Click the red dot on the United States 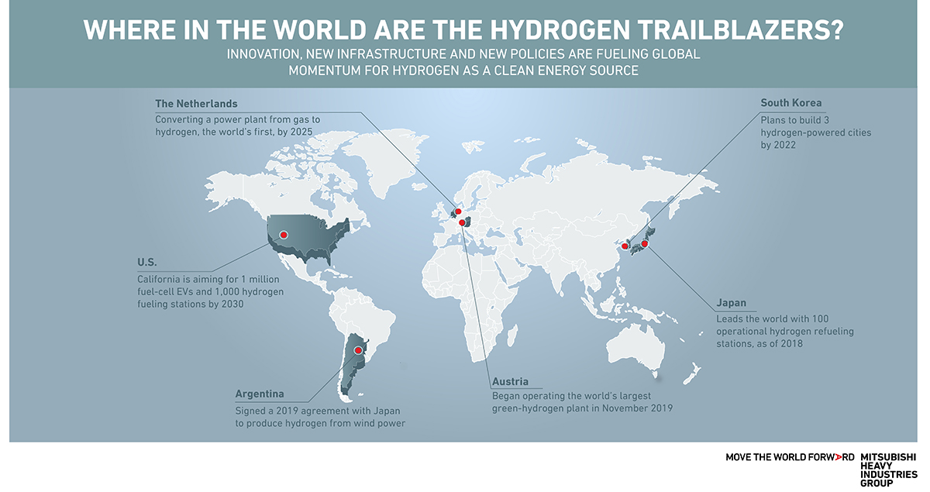283,233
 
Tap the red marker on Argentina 358,350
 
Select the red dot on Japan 644,243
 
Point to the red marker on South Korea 625,246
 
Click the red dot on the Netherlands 457,211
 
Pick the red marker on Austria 463,223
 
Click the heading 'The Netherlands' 196,103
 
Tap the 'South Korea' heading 791,103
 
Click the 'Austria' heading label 510,381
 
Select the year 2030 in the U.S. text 230,304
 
